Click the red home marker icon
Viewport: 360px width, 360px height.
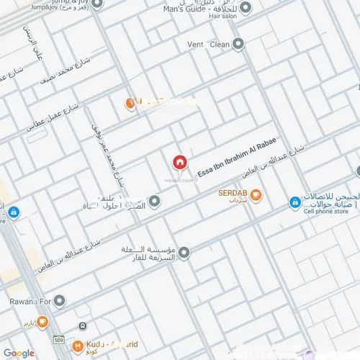[x=179, y=162]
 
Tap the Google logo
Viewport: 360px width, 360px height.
[x=19, y=353]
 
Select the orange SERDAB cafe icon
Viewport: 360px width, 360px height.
[x=256, y=195]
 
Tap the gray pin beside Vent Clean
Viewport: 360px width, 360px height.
[x=238, y=44]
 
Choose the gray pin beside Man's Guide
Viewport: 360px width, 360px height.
[x=246, y=8]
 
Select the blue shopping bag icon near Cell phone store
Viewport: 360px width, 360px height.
[x=294, y=203]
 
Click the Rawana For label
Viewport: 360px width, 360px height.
[x=27, y=301]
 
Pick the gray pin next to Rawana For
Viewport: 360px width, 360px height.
[x=60, y=301]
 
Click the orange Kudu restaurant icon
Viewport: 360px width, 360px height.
[x=77, y=346]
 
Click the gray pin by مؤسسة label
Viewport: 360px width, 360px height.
[x=184, y=253]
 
